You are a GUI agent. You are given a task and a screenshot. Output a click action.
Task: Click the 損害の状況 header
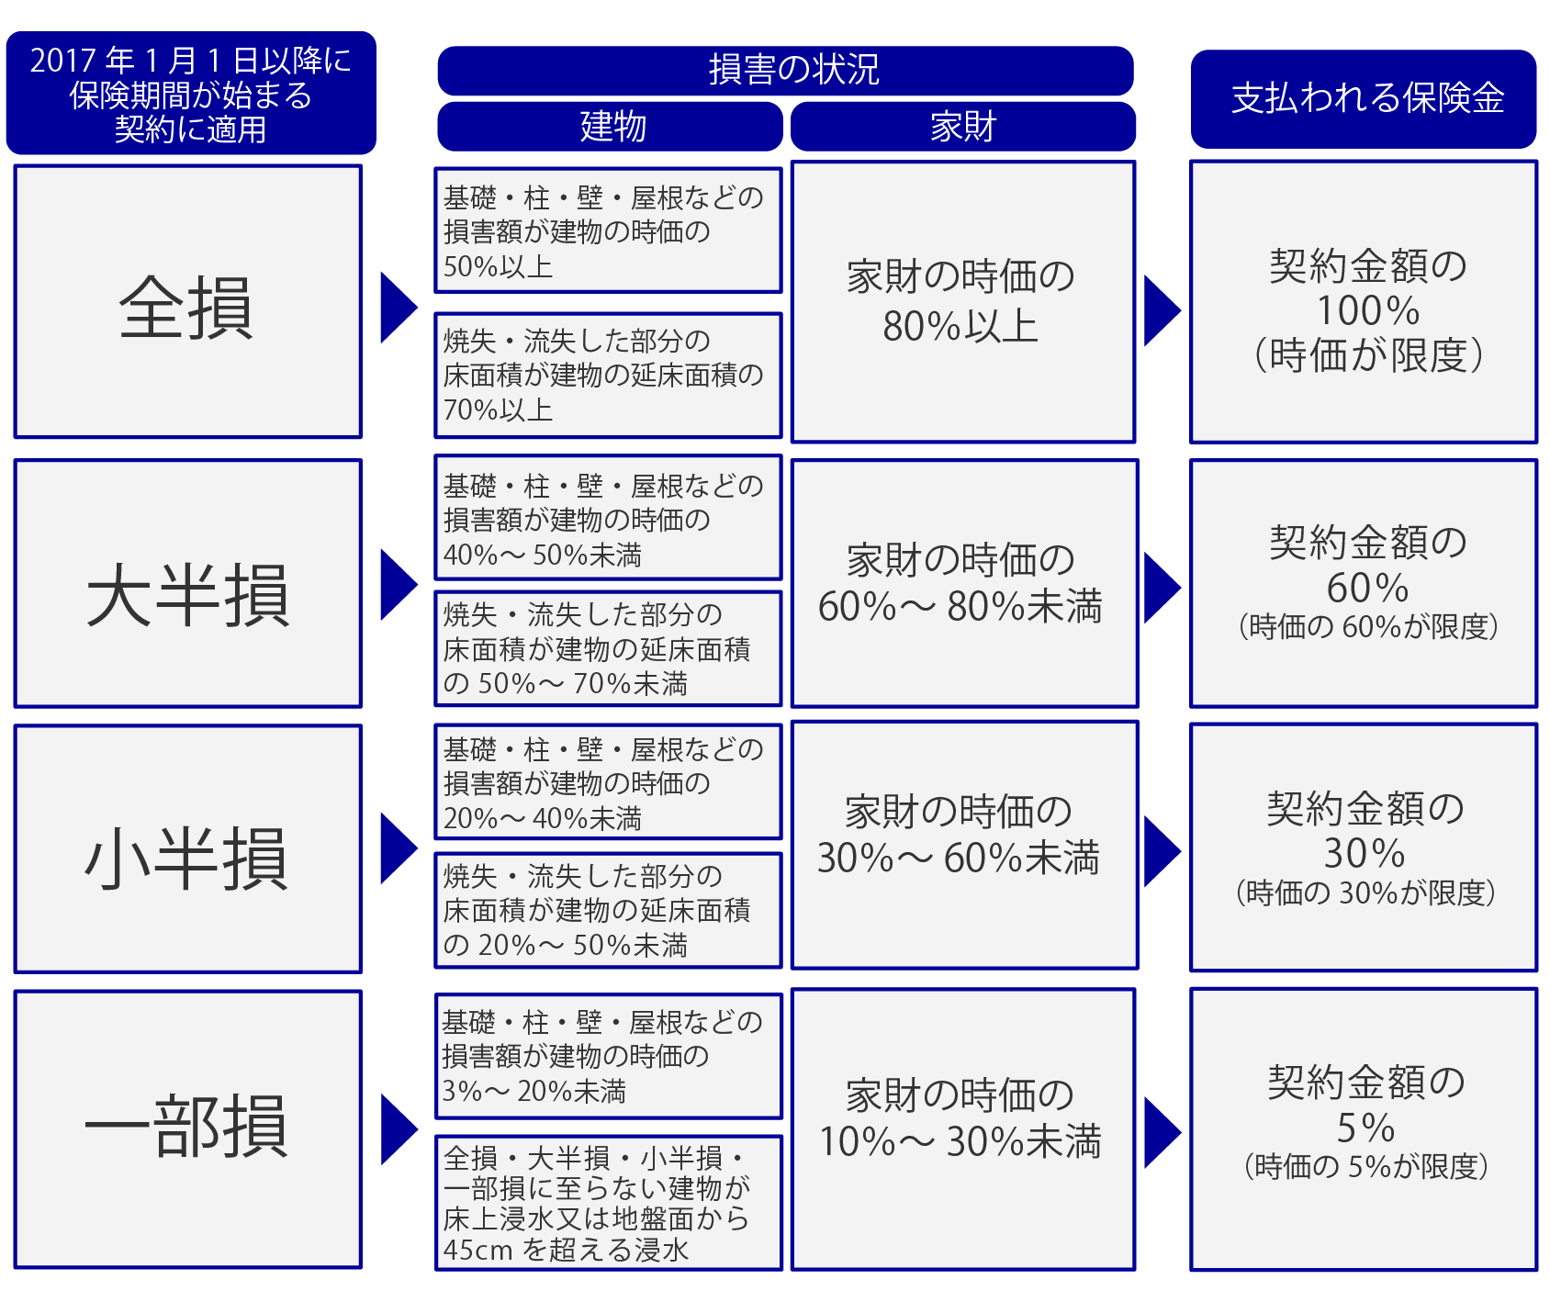tap(785, 71)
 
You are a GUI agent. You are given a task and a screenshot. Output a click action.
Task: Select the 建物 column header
tap(611, 126)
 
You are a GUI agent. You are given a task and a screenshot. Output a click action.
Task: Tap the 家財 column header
tap(963, 126)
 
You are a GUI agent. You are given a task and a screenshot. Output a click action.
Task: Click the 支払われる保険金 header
tap(1364, 99)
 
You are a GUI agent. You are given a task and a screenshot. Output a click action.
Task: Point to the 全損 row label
tap(188, 302)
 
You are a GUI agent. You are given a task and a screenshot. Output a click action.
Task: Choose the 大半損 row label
tap(188, 583)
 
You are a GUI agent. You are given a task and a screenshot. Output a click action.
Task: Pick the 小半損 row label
tap(188, 848)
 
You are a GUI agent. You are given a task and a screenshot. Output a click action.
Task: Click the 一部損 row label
tap(188, 1129)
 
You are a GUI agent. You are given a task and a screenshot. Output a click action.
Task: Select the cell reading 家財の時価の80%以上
tap(963, 302)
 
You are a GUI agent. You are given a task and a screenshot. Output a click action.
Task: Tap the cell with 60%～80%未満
tap(964, 583)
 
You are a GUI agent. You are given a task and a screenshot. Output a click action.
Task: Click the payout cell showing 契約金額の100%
tap(1364, 302)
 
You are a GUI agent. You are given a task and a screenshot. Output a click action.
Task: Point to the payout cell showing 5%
tap(1364, 1129)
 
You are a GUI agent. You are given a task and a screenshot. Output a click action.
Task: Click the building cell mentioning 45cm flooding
tap(608, 1203)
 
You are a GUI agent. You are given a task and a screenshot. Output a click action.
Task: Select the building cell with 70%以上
tap(608, 376)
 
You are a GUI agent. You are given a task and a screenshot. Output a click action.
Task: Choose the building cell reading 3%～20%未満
tap(608, 1056)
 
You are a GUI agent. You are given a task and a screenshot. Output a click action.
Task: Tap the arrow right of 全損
tap(399, 308)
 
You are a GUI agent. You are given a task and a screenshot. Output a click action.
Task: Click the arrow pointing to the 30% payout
tap(1162, 851)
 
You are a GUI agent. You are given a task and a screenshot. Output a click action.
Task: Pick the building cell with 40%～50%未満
tap(608, 518)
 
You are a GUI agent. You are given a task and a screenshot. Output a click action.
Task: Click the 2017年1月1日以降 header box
tap(191, 93)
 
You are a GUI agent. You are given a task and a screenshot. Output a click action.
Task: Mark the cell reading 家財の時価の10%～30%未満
tap(963, 1129)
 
